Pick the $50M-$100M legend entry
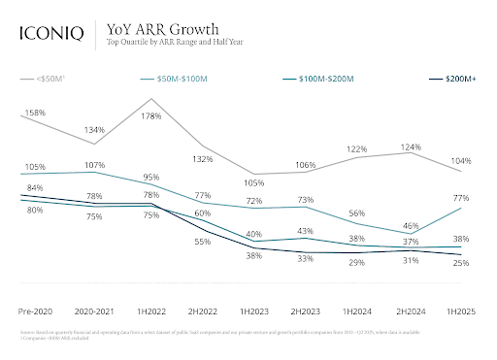pos(193,77)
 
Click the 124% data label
pos(411,147)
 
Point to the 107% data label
pos(94,165)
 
